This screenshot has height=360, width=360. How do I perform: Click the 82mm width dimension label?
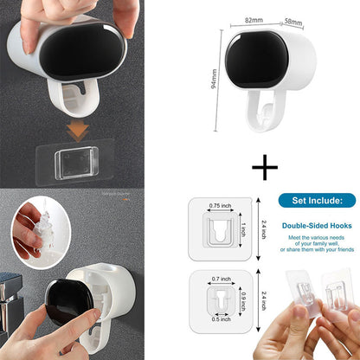coord(253,17)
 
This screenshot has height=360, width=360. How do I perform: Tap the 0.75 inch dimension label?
coord(222,206)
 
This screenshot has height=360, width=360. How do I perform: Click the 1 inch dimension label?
coord(244,229)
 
